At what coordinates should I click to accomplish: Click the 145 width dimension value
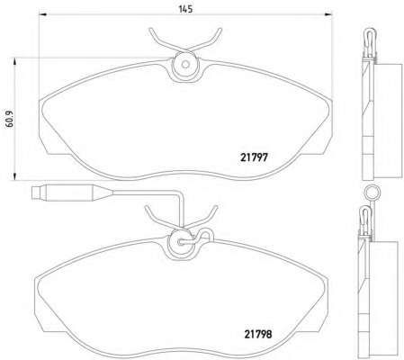[x=185, y=9]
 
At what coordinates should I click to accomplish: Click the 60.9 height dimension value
[x=10, y=119]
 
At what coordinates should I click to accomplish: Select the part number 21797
[x=254, y=157]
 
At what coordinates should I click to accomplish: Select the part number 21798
[x=258, y=334]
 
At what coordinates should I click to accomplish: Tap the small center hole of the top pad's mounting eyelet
[x=185, y=64]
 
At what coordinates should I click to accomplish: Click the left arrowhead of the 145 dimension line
[x=43, y=13]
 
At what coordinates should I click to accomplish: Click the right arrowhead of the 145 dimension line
[x=328, y=13]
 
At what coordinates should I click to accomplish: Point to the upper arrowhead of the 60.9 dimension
[x=14, y=61]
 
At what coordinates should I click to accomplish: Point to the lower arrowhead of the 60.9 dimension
[x=14, y=176]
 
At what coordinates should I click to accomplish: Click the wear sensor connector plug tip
[x=36, y=193]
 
